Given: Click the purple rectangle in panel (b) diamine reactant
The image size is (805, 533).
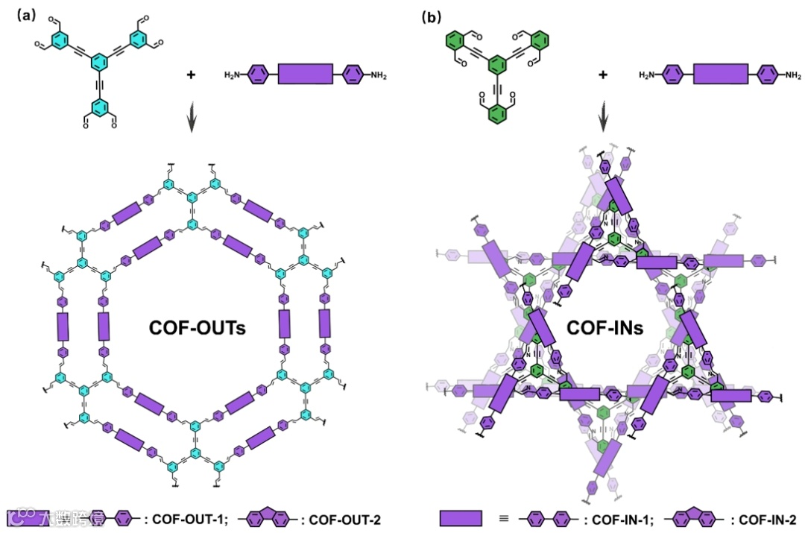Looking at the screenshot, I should (720, 75).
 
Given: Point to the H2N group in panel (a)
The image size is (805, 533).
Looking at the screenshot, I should (234, 75).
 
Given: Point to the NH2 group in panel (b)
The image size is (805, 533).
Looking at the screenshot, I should (792, 75).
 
